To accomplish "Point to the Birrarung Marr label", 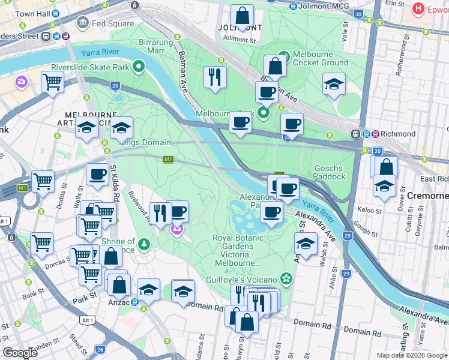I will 155,47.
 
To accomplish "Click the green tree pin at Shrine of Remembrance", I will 143,244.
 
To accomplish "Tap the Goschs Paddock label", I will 330,173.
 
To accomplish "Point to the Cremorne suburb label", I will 428,196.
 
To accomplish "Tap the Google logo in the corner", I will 20,353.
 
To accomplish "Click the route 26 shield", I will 100,349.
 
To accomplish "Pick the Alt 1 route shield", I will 87,320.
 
